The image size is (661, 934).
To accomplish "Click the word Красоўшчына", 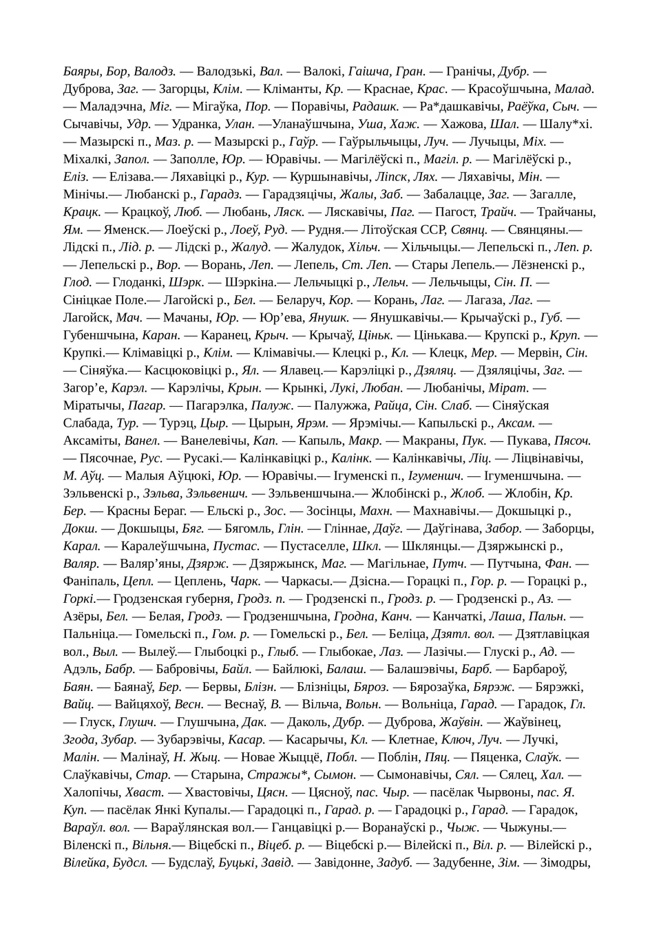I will pos(509,88).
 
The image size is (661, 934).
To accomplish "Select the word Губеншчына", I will pos(100,335).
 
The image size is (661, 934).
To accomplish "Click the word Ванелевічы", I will pos(207,441).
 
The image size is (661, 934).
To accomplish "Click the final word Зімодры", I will pos(566,862).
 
